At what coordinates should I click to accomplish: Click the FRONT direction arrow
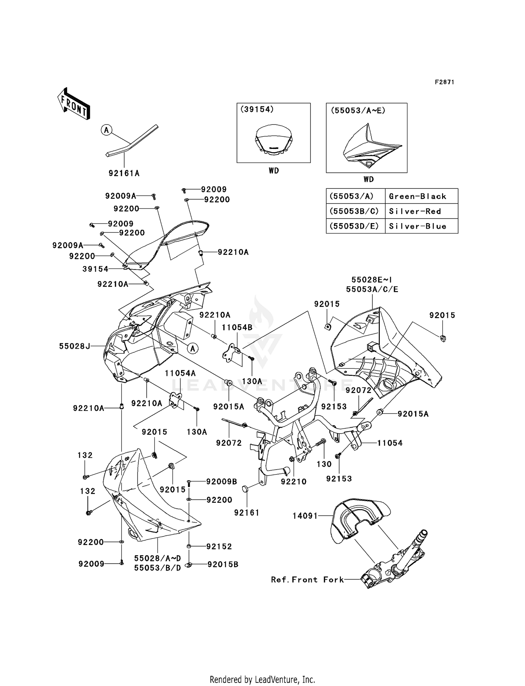(x=74, y=104)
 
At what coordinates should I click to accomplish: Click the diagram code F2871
(x=444, y=82)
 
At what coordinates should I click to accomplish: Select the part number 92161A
(x=124, y=173)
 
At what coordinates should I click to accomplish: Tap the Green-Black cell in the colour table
(x=418, y=196)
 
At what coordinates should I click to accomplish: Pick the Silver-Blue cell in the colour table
(x=418, y=226)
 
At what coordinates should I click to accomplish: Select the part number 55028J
(x=75, y=346)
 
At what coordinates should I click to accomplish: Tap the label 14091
(x=305, y=516)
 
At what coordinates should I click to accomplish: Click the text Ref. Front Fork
(x=307, y=580)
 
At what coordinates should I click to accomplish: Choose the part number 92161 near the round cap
(x=247, y=513)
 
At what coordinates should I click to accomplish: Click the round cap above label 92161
(x=245, y=488)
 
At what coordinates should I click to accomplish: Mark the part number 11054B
(x=237, y=327)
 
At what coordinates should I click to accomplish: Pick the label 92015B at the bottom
(x=223, y=564)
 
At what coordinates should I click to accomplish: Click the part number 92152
(x=219, y=546)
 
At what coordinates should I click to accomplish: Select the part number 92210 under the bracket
(x=293, y=481)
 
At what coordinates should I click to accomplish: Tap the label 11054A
(x=180, y=373)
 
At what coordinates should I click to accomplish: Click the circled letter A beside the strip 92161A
(x=106, y=130)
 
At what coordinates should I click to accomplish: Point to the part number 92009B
(x=222, y=481)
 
